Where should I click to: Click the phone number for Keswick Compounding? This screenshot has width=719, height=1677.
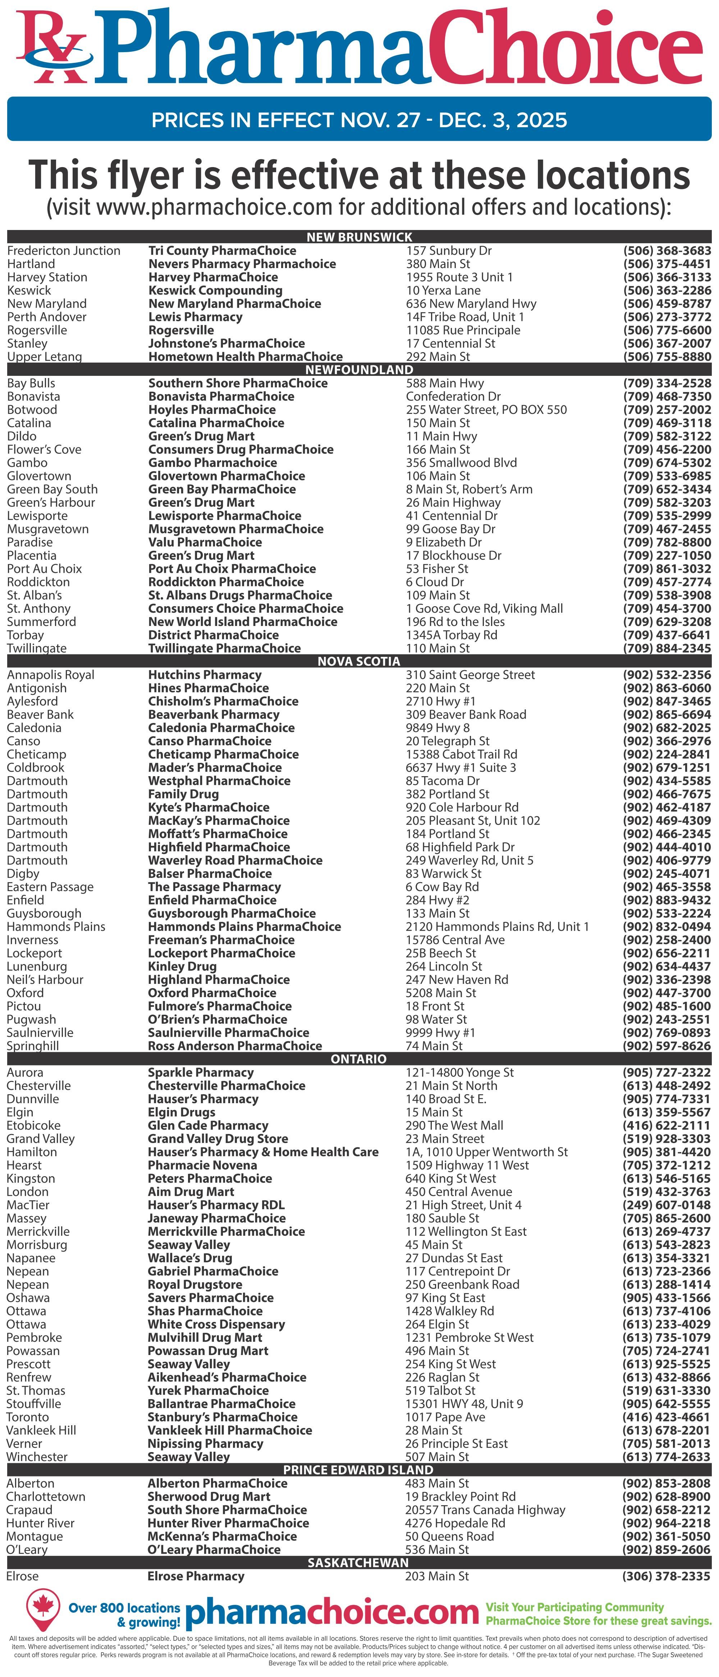(x=667, y=290)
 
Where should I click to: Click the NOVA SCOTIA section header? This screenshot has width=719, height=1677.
(x=359, y=662)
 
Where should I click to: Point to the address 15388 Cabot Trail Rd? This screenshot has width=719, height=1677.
(x=461, y=755)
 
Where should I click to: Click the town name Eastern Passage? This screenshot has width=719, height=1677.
(x=50, y=887)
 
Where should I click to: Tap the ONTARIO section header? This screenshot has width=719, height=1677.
(x=359, y=1059)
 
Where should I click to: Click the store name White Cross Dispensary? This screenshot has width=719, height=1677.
(x=216, y=1324)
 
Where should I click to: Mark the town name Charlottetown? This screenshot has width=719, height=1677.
(x=46, y=1497)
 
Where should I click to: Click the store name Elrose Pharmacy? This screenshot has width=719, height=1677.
(x=196, y=1576)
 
